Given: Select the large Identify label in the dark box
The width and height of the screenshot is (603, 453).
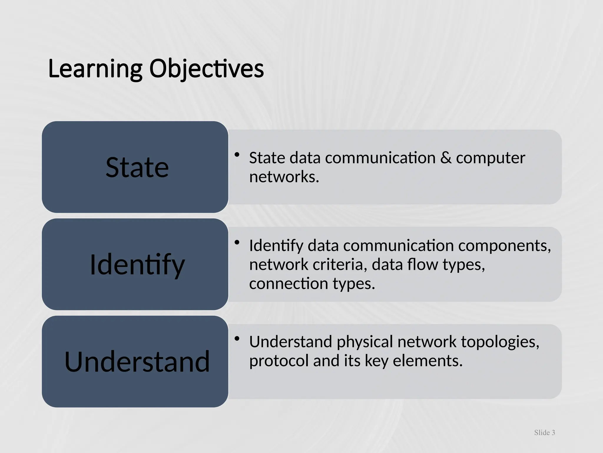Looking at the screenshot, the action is click(x=137, y=265).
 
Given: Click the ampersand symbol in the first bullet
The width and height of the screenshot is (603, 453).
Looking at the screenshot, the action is click(x=446, y=158).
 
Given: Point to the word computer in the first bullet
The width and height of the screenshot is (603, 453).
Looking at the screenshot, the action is click(x=491, y=158).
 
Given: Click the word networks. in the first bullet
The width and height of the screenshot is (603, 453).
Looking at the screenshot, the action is click(x=284, y=177).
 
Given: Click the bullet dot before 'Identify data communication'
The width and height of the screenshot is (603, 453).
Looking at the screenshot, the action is click(x=237, y=242).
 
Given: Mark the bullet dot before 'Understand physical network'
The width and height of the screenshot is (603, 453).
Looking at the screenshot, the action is click(x=237, y=339).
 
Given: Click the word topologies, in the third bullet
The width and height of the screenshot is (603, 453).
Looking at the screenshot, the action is click(x=500, y=342).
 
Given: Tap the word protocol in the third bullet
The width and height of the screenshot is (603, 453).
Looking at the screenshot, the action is click(x=279, y=361).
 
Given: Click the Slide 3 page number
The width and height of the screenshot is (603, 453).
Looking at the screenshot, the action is click(x=544, y=433).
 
